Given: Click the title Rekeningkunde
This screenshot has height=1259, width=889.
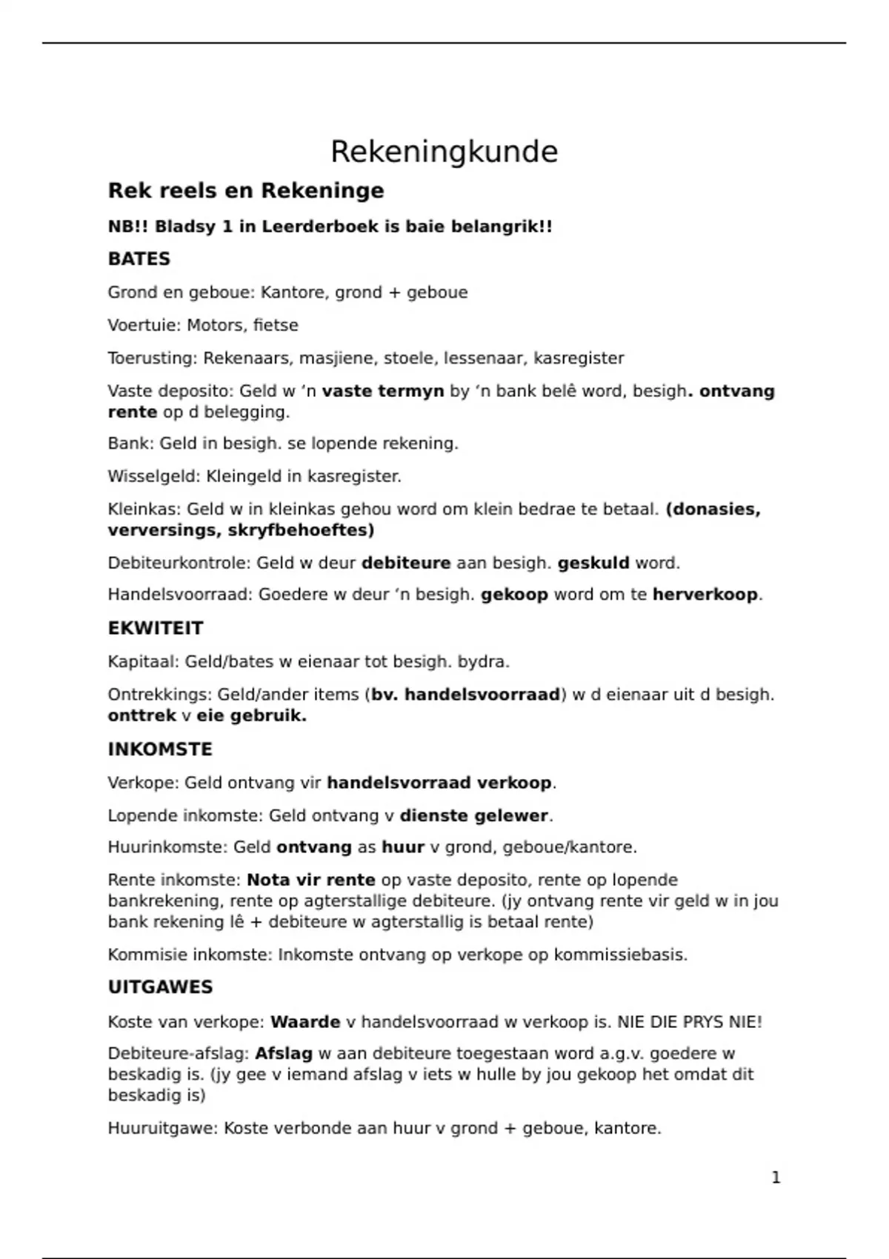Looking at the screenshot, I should [x=444, y=152].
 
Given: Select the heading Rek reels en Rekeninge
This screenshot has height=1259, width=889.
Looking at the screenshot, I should [x=246, y=191].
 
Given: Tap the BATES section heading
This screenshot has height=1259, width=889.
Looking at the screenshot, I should [x=139, y=259].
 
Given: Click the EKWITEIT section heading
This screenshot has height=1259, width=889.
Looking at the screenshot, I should [x=155, y=628].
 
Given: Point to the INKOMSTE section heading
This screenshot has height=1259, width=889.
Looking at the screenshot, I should [x=160, y=749].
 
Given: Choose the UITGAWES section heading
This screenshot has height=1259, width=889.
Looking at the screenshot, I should [x=160, y=987].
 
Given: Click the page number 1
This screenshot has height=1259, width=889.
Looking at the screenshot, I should [x=776, y=1178].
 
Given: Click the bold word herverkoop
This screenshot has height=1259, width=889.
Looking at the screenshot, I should [x=705, y=595].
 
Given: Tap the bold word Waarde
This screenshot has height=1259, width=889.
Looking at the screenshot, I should [x=305, y=1022].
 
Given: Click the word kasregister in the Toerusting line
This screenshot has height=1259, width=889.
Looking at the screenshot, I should [x=579, y=358].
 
